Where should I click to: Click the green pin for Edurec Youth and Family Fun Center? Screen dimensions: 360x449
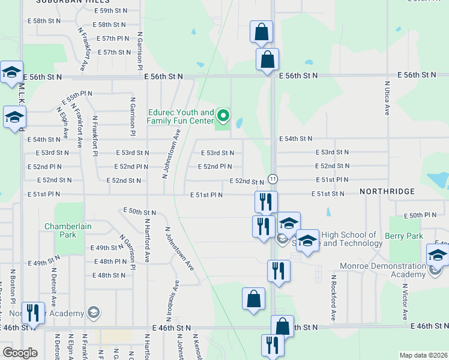tap(223, 114)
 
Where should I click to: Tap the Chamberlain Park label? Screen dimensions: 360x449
tap(68, 230)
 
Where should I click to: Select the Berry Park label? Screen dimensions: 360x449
tap(406, 236)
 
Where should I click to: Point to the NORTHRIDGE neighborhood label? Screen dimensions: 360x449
tap(387, 191)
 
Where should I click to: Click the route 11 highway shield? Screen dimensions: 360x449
tap(273, 179)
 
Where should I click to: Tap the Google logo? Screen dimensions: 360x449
tap(20, 353)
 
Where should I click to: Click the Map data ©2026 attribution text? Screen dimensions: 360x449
tap(423, 355)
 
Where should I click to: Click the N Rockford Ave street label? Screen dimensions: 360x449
tap(333, 298)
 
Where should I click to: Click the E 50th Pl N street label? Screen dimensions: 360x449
tap(420, 215)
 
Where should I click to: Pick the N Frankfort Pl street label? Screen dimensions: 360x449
tap(94, 133)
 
